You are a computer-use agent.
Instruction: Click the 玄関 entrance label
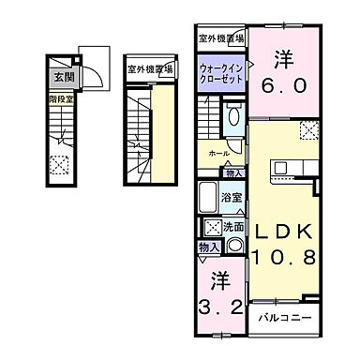click(63, 77)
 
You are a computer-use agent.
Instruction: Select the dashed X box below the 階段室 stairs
click(63, 165)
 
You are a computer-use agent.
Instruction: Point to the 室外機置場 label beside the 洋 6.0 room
click(221, 38)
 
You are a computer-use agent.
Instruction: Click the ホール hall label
click(218, 154)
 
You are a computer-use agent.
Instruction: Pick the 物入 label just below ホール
click(234, 172)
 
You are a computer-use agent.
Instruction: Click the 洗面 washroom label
click(234, 227)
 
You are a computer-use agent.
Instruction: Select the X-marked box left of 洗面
click(212, 227)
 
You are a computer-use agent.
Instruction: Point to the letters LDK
click(285, 230)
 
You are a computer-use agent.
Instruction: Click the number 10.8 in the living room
click(285, 256)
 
